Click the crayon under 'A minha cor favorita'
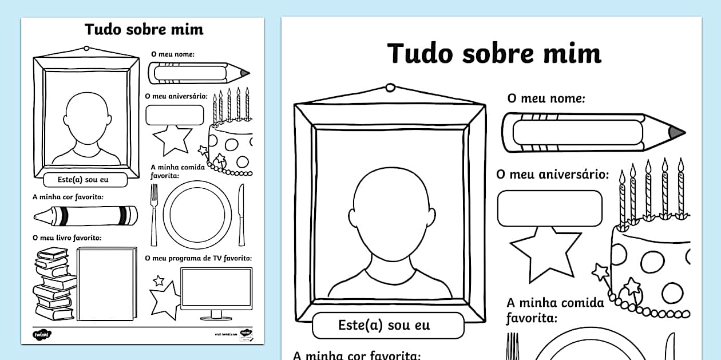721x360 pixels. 86,216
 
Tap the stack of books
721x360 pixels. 54,283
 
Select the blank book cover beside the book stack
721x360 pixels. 106,284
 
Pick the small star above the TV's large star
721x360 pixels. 159,280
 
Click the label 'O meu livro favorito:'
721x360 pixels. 67,238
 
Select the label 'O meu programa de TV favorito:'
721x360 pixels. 199,259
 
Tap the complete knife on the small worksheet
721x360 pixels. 241,214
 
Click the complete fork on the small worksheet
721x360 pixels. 154,215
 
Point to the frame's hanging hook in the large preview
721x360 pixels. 390,88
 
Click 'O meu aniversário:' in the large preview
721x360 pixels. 552,175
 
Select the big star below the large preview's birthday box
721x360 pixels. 545,252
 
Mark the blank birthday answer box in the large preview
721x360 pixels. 549,208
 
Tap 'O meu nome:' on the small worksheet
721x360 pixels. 173,54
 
